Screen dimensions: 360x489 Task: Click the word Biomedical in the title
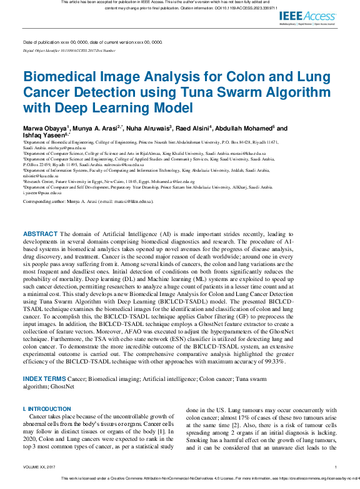pos(61,78)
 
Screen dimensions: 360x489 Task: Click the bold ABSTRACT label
pos(41,233)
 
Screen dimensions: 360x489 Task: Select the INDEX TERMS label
pos(44,379)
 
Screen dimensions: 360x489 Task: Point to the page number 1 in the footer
pos(336,467)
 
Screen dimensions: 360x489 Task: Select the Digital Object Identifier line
pos(69,50)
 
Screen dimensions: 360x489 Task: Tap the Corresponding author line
pos(87,202)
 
